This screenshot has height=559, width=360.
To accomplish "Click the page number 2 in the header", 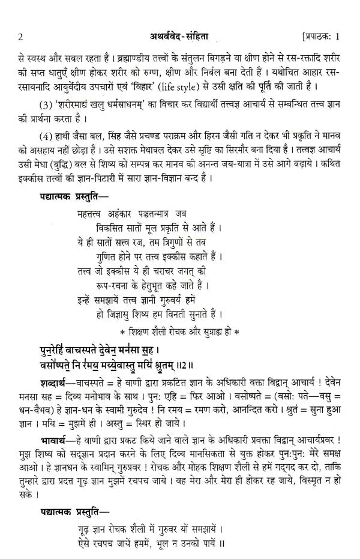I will (x=20, y=37).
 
